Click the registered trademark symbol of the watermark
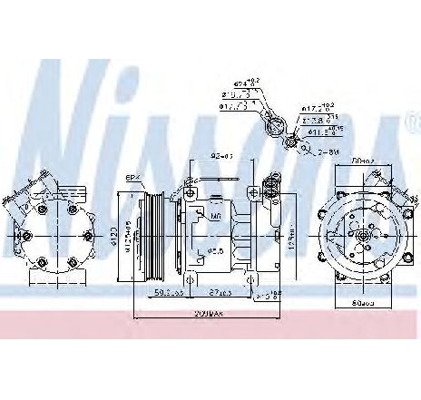pos(412,120)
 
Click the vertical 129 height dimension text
pos(292,238)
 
